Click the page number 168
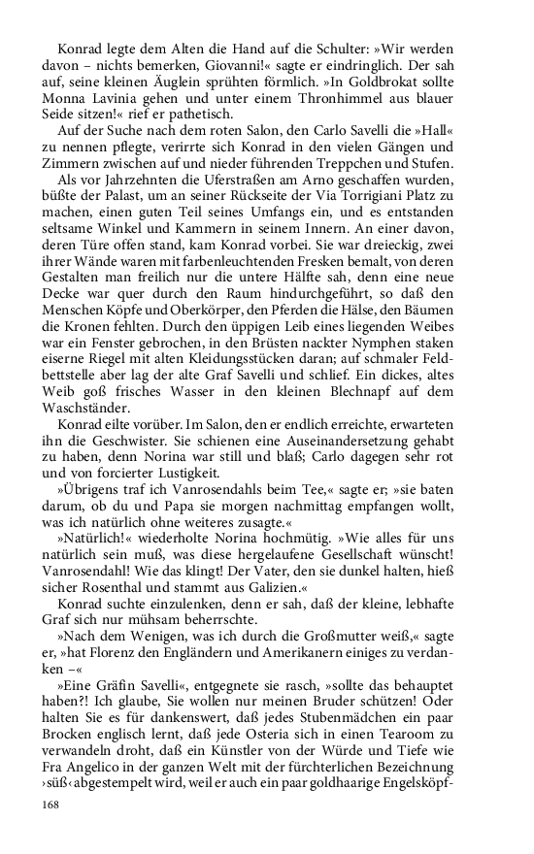[x=49, y=805]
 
